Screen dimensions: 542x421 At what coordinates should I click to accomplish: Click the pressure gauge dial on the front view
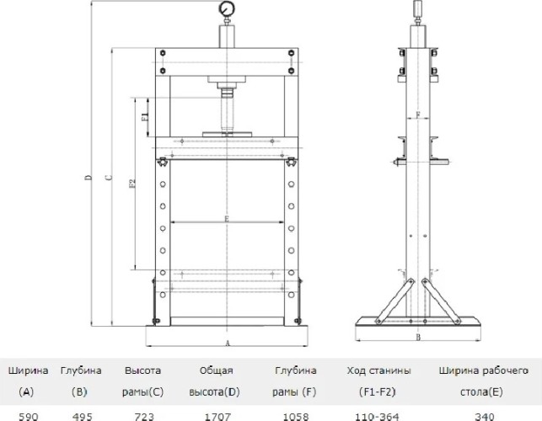(x=227, y=8)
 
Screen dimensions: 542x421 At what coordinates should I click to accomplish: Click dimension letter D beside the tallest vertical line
(x=89, y=177)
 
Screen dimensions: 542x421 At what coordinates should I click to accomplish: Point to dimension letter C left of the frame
(x=110, y=178)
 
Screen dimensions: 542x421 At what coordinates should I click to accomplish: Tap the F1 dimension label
(x=146, y=116)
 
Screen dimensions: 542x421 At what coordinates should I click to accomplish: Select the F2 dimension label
(x=132, y=183)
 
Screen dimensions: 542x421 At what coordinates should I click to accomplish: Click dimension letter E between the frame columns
(x=227, y=218)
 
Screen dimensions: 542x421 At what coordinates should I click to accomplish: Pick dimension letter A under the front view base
(x=228, y=344)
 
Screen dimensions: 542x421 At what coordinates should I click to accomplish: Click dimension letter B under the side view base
(x=418, y=338)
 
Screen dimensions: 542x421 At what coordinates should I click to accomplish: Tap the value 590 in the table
(x=29, y=417)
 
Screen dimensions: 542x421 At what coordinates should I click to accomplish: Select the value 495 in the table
(x=83, y=417)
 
